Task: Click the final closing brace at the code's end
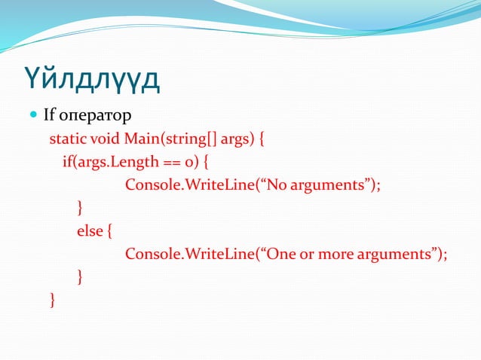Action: [52, 301]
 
